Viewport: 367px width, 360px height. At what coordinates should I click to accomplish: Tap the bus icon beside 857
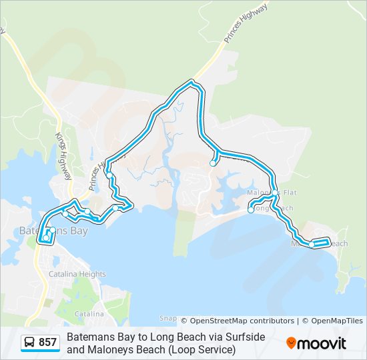(x=30, y=343)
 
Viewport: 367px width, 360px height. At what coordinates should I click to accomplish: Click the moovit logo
(x=316, y=343)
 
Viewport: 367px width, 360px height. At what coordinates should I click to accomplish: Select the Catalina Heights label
(x=77, y=274)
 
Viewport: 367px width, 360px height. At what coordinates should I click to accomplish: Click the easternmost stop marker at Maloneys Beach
(x=312, y=245)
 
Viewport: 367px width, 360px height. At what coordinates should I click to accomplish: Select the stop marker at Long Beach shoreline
(x=251, y=210)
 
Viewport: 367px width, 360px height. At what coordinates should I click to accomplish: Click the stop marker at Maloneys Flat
(x=275, y=193)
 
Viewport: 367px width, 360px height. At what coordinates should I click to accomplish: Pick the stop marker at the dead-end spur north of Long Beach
(x=213, y=163)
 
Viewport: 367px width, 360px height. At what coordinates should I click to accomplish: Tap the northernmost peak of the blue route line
(x=192, y=83)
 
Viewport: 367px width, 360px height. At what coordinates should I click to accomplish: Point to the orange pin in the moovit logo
(x=291, y=343)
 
